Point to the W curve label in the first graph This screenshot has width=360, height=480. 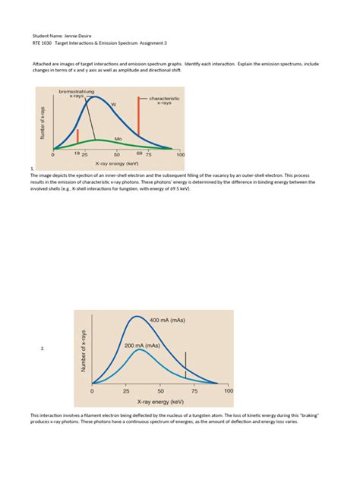[x=114, y=103]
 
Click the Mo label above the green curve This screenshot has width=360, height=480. [x=118, y=139]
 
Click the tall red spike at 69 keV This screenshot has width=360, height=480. [x=140, y=122]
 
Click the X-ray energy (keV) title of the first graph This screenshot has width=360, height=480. [x=116, y=163]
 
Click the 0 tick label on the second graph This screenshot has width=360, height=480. [x=92, y=391]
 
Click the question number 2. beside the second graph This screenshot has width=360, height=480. [x=43, y=349]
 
